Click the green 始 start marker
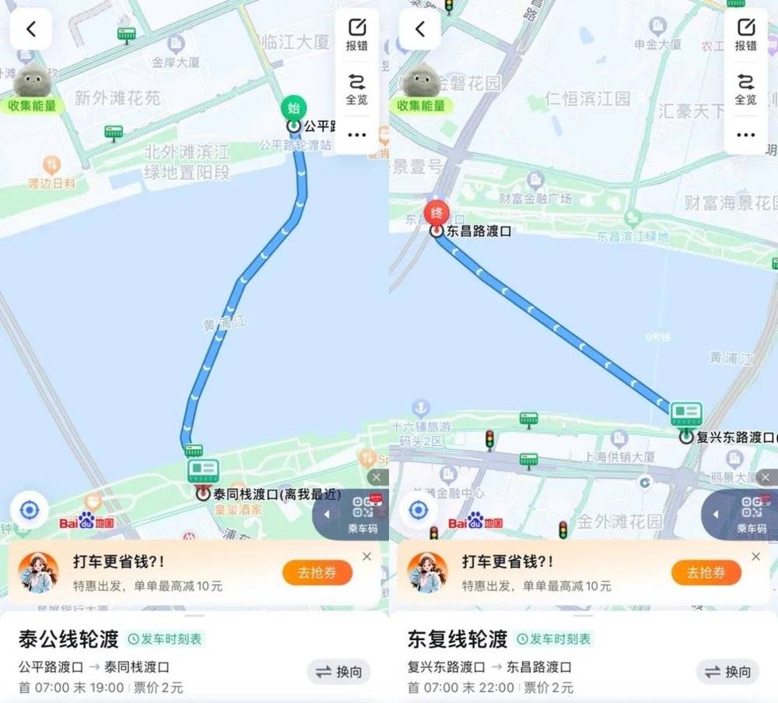pos(294,108)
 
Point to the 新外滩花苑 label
pos(117,97)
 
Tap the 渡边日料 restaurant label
pos(51,183)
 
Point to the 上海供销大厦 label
pos(619,456)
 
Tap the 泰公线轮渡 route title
pos(68,639)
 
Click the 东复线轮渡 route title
pos(457,639)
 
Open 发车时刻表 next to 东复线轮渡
pos(554,639)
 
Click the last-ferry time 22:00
pos(497,687)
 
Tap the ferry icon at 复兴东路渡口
pos(686,416)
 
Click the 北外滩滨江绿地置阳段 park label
pos(187,161)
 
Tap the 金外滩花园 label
pos(619,521)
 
